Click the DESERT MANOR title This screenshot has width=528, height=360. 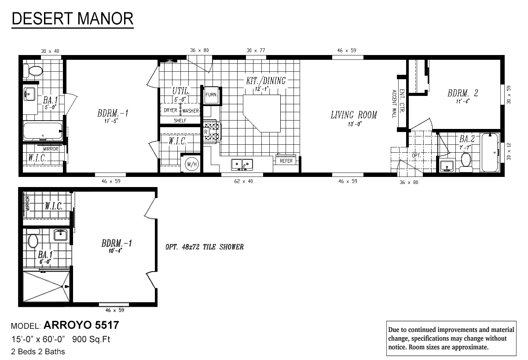tap(73, 19)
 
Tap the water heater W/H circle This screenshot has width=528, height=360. tap(192, 164)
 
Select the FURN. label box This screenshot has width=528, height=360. tap(211, 95)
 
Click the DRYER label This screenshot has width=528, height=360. tap(170, 110)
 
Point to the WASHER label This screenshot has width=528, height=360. tap(191, 110)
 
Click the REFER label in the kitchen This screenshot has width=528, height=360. tap(286, 161)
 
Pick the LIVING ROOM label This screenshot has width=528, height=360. tap(354, 115)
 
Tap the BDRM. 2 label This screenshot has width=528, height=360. tap(463, 93)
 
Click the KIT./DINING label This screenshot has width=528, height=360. tap(266, 81)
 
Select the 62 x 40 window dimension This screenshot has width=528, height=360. tap(243, 181)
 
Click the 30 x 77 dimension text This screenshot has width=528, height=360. tap(256, 51)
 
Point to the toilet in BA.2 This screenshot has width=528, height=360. tap(466, 162)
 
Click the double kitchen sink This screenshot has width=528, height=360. tap(242, 165)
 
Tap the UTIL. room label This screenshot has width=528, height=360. tap(181, 91)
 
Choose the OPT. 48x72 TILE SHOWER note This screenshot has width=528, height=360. tap(204, 247)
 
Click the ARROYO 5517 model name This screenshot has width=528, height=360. tap(81, 325)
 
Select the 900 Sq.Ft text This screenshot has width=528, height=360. tap(91, 339)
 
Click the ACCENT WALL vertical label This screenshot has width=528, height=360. tap(394, 104)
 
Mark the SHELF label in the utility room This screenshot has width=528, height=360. tap(180, 121)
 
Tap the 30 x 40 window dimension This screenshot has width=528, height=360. tap(50, 51)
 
